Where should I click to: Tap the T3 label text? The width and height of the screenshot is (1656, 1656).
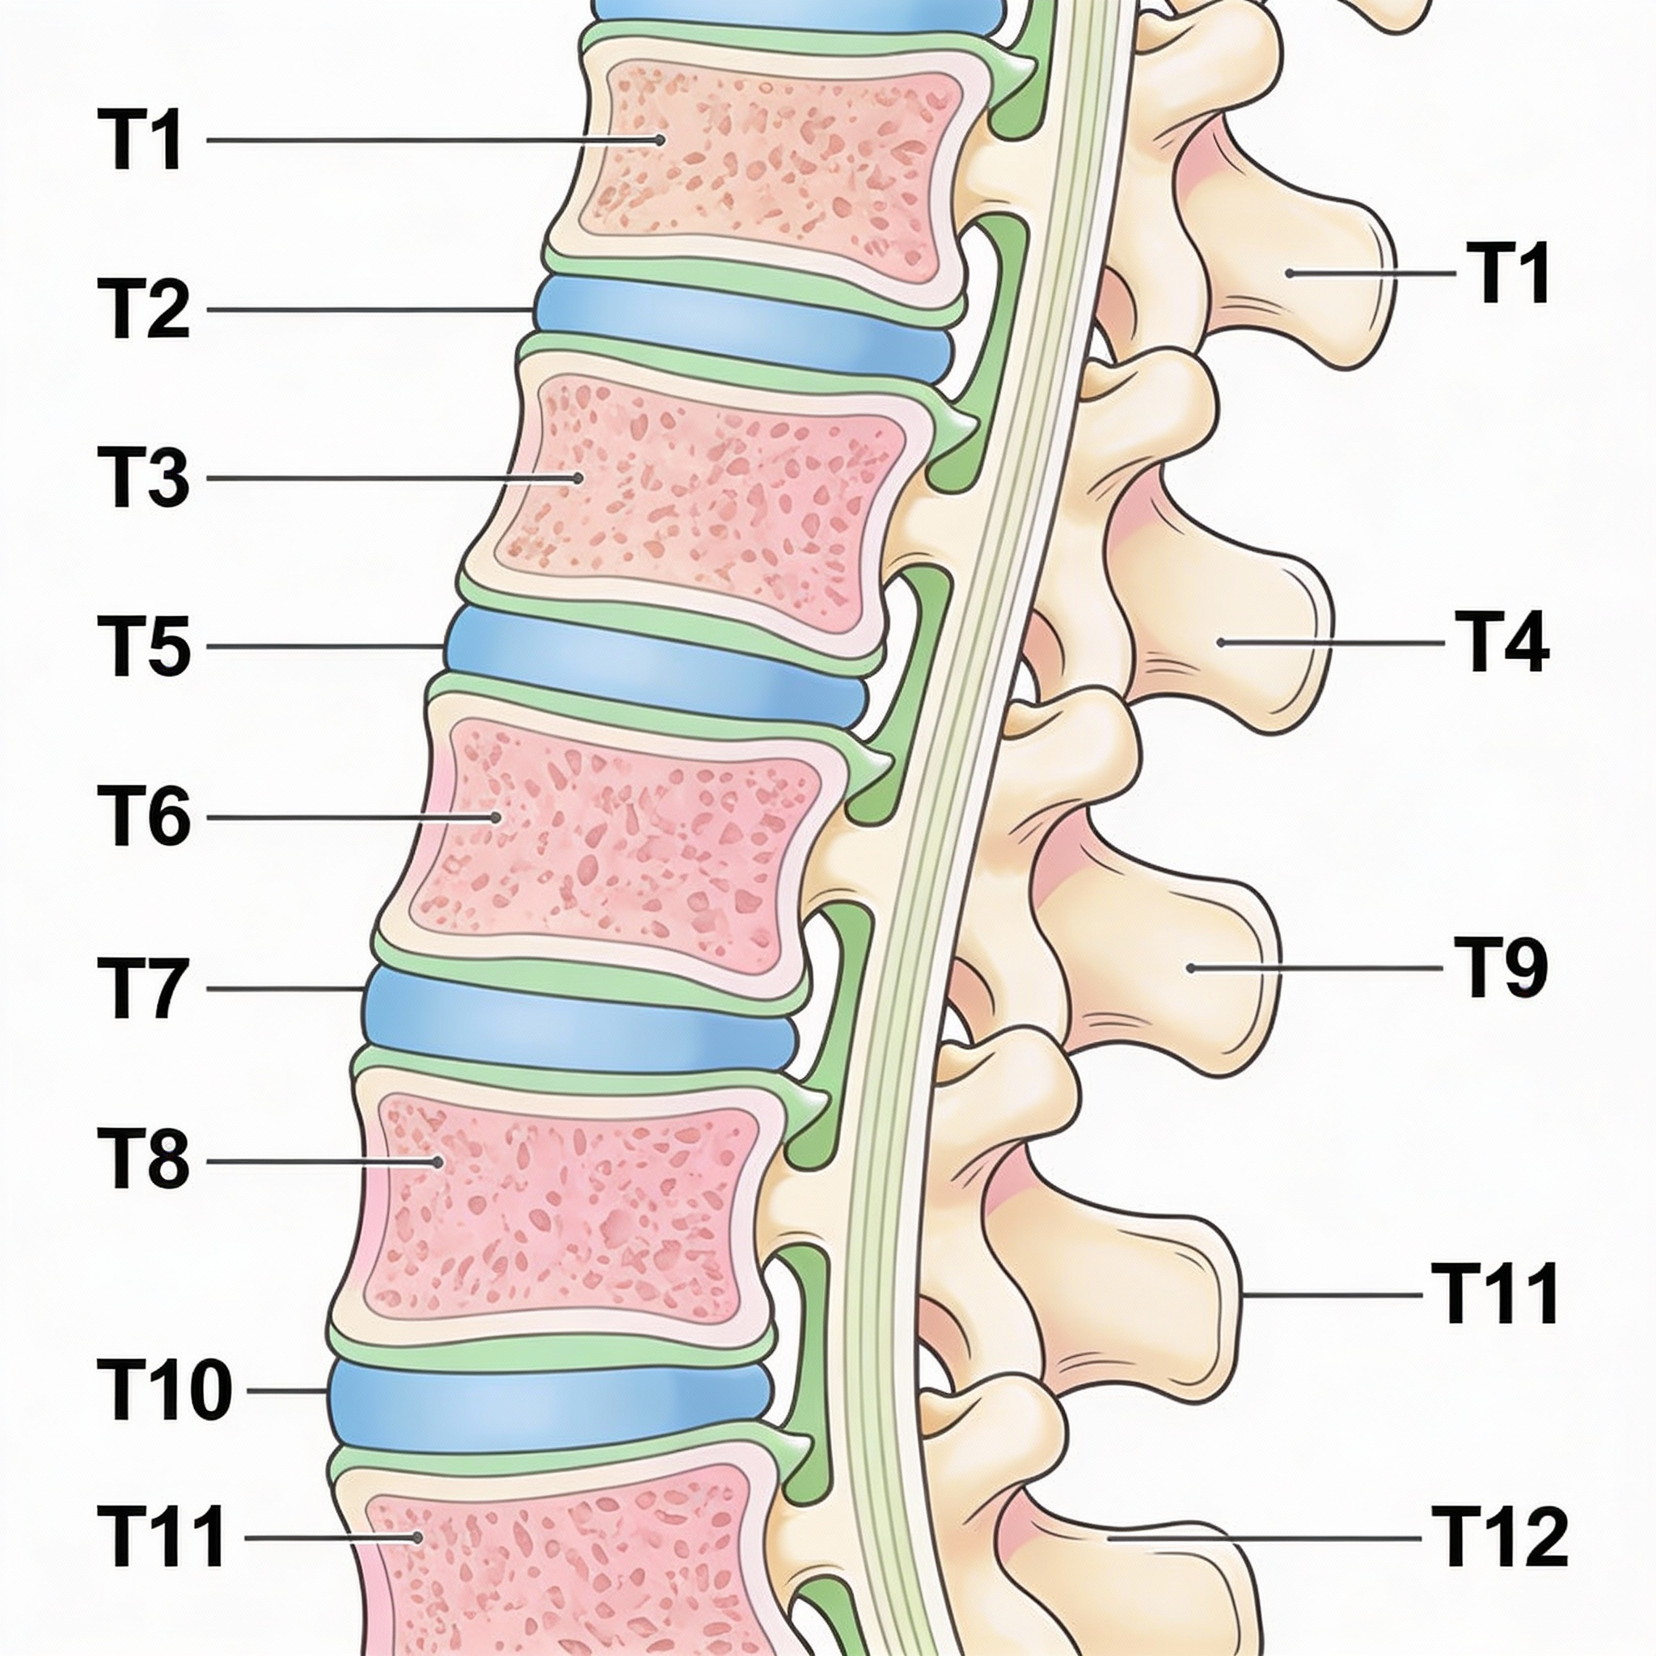143,479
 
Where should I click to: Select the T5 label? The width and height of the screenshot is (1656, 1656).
143,646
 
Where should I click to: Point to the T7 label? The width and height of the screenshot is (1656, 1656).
143,988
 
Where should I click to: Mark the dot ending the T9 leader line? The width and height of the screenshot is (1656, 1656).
1190,968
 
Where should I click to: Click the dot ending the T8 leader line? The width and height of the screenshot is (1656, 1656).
438,1162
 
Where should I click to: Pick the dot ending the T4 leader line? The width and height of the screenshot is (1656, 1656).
1219,641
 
